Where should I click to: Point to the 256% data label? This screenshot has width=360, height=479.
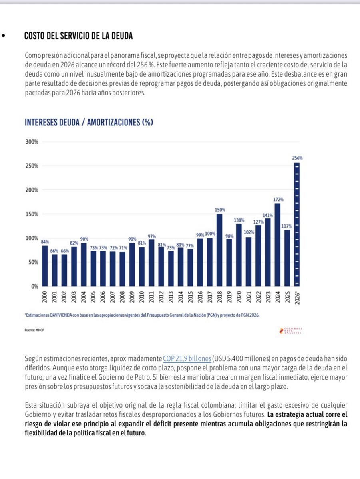click(297, 158)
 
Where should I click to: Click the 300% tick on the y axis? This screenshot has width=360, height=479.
click(32, 142)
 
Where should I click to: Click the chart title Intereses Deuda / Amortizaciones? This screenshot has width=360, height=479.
click(89, 123)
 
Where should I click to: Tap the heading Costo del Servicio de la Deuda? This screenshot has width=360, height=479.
click(78, 36)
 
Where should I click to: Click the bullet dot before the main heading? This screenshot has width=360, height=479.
click(4, 36)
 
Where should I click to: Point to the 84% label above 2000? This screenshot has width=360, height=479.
click(45, 241)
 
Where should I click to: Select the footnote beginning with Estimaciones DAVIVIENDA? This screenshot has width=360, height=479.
click(142, 315)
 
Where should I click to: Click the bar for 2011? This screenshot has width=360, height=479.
click(151, 263)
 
